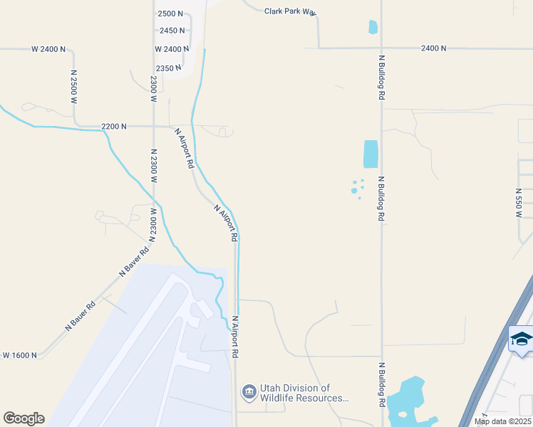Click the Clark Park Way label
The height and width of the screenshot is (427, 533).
(289, 11)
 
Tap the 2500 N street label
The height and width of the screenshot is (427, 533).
(171, 14)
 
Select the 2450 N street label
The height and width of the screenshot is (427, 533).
(172, 31)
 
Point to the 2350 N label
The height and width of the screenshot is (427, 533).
(170, 68)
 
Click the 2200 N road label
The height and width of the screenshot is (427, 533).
(114, 126)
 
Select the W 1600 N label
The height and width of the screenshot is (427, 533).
(20, 354)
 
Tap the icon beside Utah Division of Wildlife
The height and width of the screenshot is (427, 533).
(249, 391)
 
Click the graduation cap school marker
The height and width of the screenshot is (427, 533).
(521, 339)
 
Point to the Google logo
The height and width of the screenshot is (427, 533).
(24, 418)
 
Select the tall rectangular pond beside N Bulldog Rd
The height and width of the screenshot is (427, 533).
(371, 154)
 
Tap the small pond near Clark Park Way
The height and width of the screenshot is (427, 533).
(373, 27)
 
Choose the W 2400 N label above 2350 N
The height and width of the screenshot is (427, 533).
(172, 49)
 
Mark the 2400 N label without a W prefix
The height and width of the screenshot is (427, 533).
(433, 48)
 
